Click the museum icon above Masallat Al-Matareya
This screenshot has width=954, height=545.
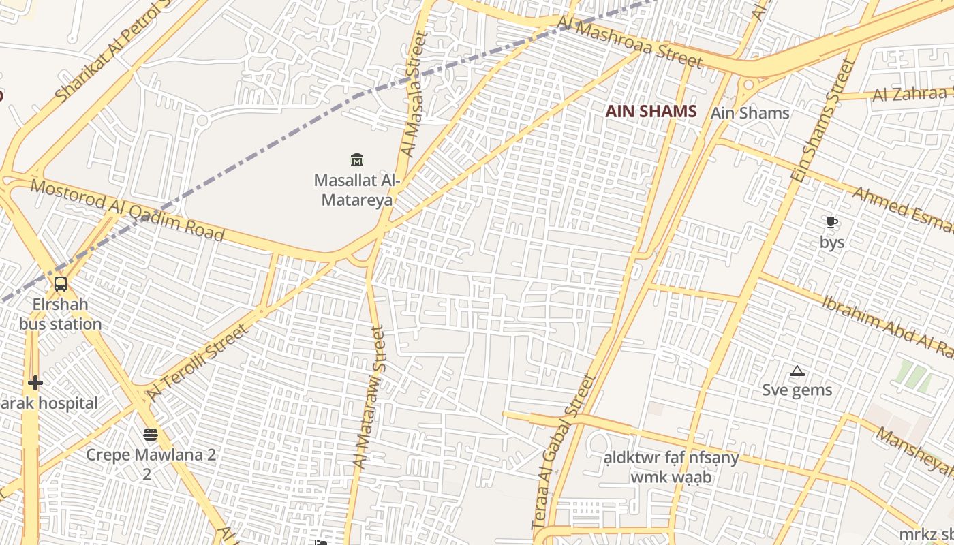pyautogui.click(x=356, y=160)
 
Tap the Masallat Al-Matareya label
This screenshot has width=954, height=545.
pyautogui.click(x=356, y=190)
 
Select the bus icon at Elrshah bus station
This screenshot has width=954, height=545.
pyautogui.click(x=60, y=283)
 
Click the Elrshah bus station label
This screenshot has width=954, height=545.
pyautogui.click(x=60, y=313)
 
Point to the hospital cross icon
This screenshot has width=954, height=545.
pyautogui.click(x=35, y=383)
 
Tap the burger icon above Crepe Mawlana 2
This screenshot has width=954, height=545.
pyautogui.click(x=151, y=434)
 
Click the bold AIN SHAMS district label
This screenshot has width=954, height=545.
pyautogui.click(x=651, y=112)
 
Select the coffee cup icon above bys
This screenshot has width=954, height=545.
pyautogui.click(x=831, y=222)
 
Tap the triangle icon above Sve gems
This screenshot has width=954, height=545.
pyautogui.click(x=797, y=371)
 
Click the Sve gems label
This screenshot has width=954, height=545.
pyautogui.click(x=797, y=390)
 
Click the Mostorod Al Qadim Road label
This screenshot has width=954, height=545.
pyautogui.click(x=127, y=210)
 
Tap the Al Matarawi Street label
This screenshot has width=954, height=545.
pyautogui.click(x=369, y=397)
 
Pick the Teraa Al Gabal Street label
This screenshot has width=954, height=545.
pyautogui.click(x=563, y=452)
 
